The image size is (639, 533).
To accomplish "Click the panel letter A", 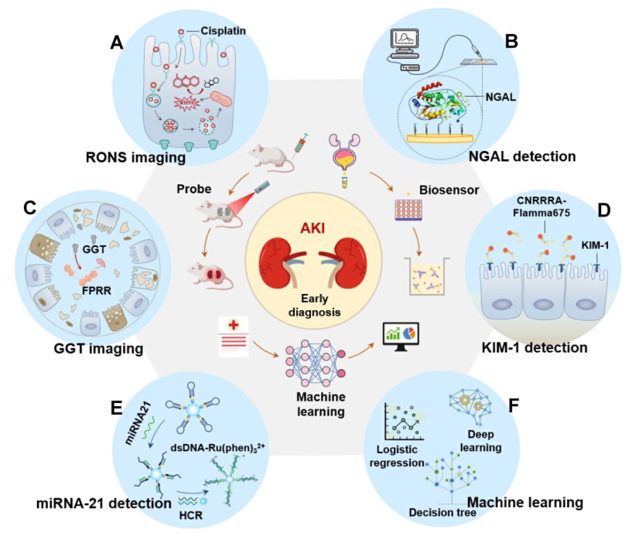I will coord(117,43).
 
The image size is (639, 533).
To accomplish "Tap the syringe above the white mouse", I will coord(298,144).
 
